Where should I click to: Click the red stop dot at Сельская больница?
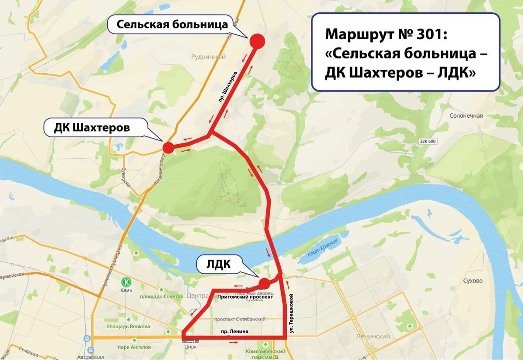257,41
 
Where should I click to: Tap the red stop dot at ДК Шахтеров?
168,148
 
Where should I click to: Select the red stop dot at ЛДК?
264,284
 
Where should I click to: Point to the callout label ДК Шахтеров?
92,128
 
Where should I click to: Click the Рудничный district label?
208,57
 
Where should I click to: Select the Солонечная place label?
466,115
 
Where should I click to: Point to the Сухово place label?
473,281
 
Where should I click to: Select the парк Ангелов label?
134,347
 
